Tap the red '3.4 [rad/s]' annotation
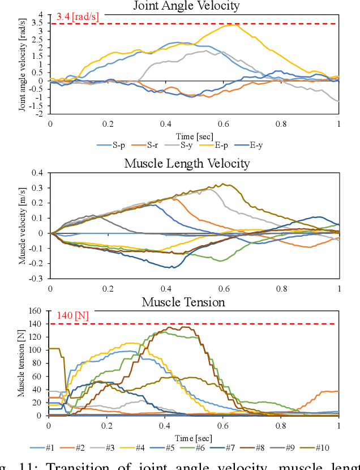point(78,17)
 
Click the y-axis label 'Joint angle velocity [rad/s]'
point(23,64)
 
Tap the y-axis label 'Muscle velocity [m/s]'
point(23,226)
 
